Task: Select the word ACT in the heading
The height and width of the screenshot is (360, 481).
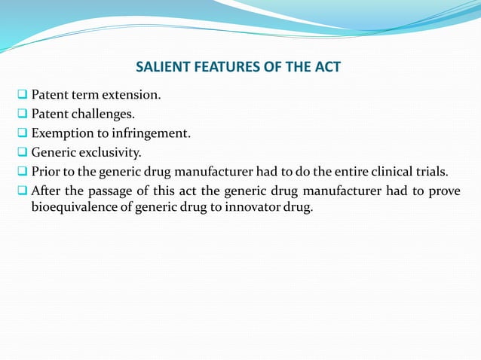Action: click(x=328, y=68)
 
